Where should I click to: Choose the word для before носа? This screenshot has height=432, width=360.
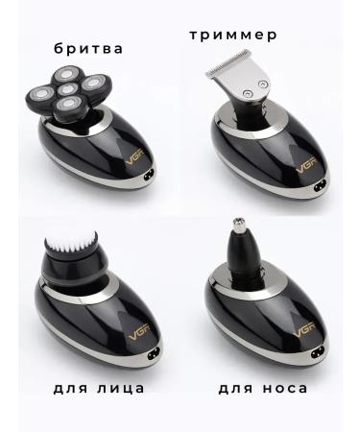coord(231,389)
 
